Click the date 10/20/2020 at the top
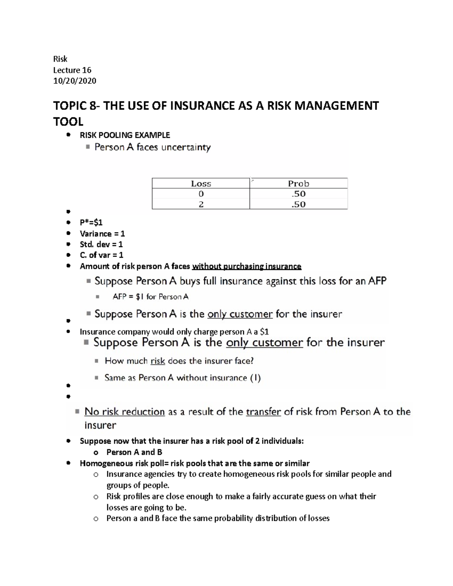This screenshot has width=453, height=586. click(74, 81)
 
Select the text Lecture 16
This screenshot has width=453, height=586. click(72, 70)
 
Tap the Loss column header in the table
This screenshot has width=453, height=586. click(201, 184)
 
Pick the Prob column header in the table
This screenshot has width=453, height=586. click(298, 184)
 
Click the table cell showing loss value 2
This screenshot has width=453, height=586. click(201, 204)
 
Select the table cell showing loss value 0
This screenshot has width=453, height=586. click(201, 194)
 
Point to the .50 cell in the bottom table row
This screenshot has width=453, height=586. click(298, 204)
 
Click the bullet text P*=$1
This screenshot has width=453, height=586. click(91, 223)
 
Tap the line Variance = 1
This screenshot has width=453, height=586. click(102, 234)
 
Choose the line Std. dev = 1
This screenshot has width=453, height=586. click(101, 244)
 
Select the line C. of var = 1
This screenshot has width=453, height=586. click(101, 255)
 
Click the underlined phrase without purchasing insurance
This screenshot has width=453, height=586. click(247, 266)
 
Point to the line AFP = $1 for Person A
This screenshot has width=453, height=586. click(150, 297)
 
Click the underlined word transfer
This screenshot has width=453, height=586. click(263, 412)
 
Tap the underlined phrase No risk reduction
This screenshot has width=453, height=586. click(125, 412)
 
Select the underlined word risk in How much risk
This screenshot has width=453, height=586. click(158, 361)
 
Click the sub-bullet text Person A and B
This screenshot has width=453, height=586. click(134, 452)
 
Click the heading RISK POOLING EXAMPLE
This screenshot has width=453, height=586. click(125, 135)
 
